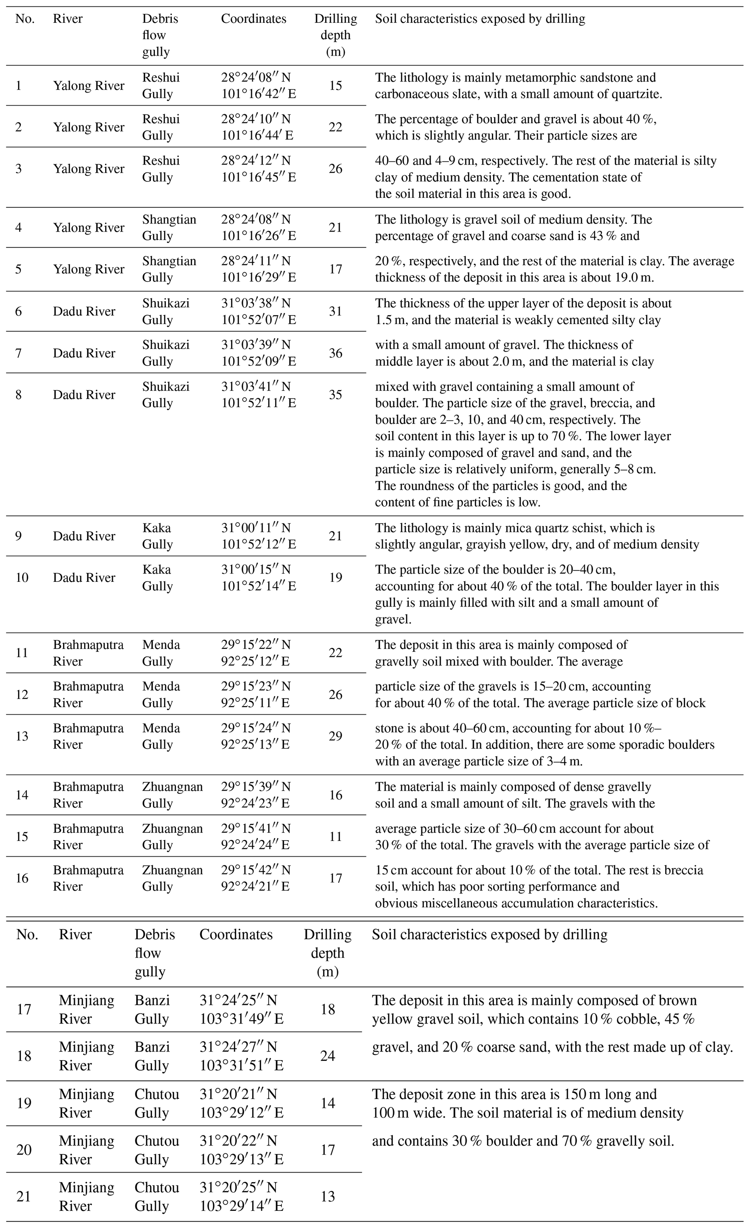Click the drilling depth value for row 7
(x=336, y=353)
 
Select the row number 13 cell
(x=22, y=736)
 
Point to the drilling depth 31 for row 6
(x=336, y=311)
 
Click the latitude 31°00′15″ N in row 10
(x=256, y=569)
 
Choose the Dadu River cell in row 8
(x=84, y=395)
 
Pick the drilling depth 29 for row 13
(x=336, y=736)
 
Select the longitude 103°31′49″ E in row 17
(x=241, y=1018)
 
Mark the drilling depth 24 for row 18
(x=328, y=1056)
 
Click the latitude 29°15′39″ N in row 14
(x=256, y=787)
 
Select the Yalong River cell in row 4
(x=89, y=228)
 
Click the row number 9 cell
(x=19, y=536)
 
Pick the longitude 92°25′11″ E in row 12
(x=255, y=703)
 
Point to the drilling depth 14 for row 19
(x=328, y=1103)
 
